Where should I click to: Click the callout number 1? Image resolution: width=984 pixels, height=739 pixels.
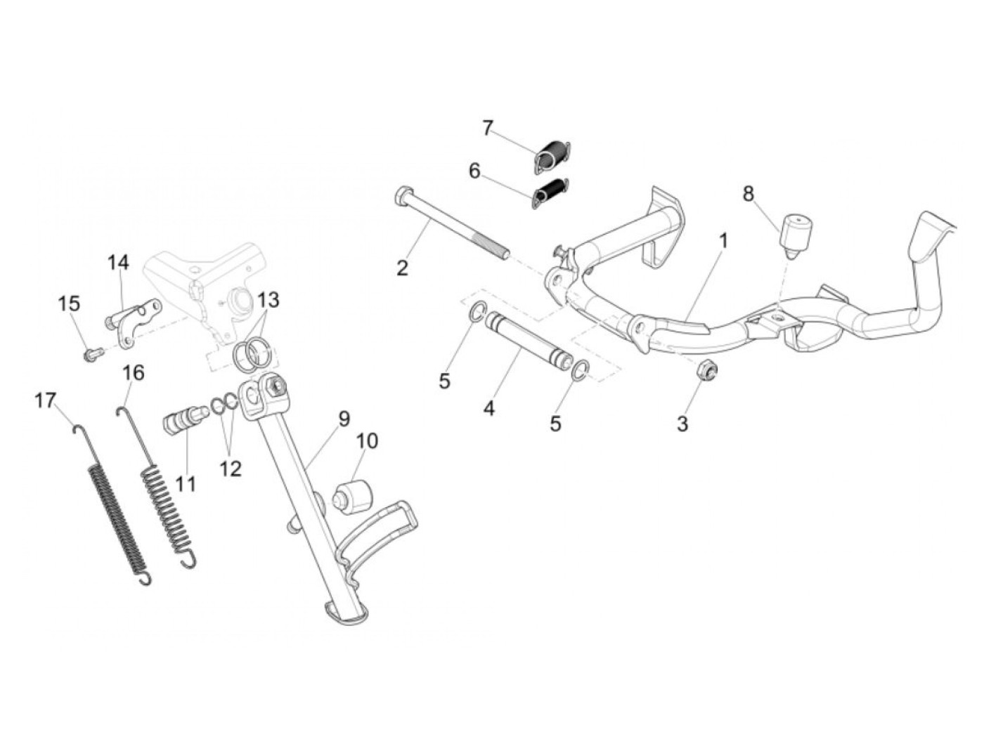tap(723, 241)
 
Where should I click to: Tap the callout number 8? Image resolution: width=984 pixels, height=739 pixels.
tap(748, 193)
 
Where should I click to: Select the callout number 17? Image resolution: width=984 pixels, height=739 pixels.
tap(45, 400)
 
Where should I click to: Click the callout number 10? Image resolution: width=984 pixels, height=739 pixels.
tap(367, 441)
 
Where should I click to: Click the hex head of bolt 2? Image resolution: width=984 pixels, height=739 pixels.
tap(403, 194)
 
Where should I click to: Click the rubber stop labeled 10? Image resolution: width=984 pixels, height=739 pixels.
tap(351, 497)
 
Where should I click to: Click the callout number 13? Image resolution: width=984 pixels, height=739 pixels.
tap(268, 300)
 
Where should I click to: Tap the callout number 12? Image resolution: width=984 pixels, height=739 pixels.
tap(231, 468)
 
